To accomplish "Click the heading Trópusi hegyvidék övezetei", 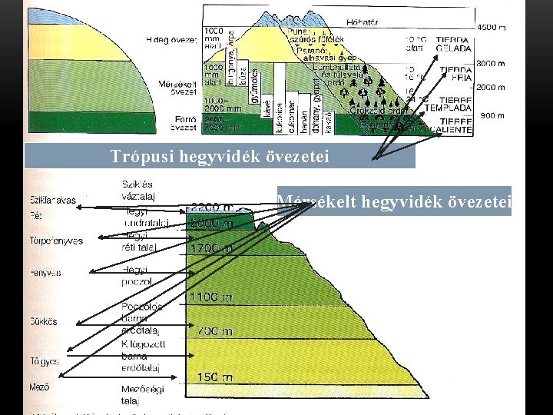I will [x=220, y=157].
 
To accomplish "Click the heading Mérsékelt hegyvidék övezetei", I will [x=394, y=201].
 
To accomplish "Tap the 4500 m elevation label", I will [x=492, y=28].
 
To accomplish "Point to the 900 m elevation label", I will [x=492, y=115].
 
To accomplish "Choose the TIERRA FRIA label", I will [x=455, y=73].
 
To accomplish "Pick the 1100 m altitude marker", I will [x=212, y=296].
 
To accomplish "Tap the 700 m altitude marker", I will [x=214, y=331].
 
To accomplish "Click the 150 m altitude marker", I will [x=214, y=377].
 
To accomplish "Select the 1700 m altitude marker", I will [x=212, y=248].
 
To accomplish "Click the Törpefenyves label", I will [x=55, y=241].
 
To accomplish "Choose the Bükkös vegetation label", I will [x=43, y=320].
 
